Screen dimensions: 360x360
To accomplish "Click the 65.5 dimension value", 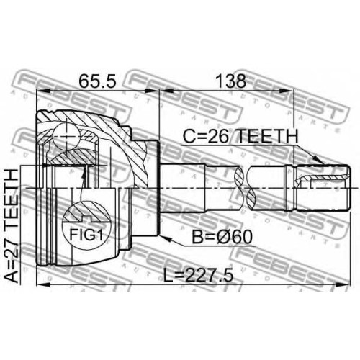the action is tap(98, 81).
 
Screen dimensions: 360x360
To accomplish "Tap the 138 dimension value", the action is tap(231, 81).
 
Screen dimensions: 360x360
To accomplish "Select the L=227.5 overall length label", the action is tap(198, 276).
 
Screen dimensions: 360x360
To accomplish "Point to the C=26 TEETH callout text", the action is tap(240, 136).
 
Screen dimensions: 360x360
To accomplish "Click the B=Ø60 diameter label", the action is tap(222, 237).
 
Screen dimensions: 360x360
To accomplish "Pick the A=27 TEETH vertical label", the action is tap(12, 225).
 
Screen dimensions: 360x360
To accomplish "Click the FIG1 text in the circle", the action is tap(86, 235).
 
